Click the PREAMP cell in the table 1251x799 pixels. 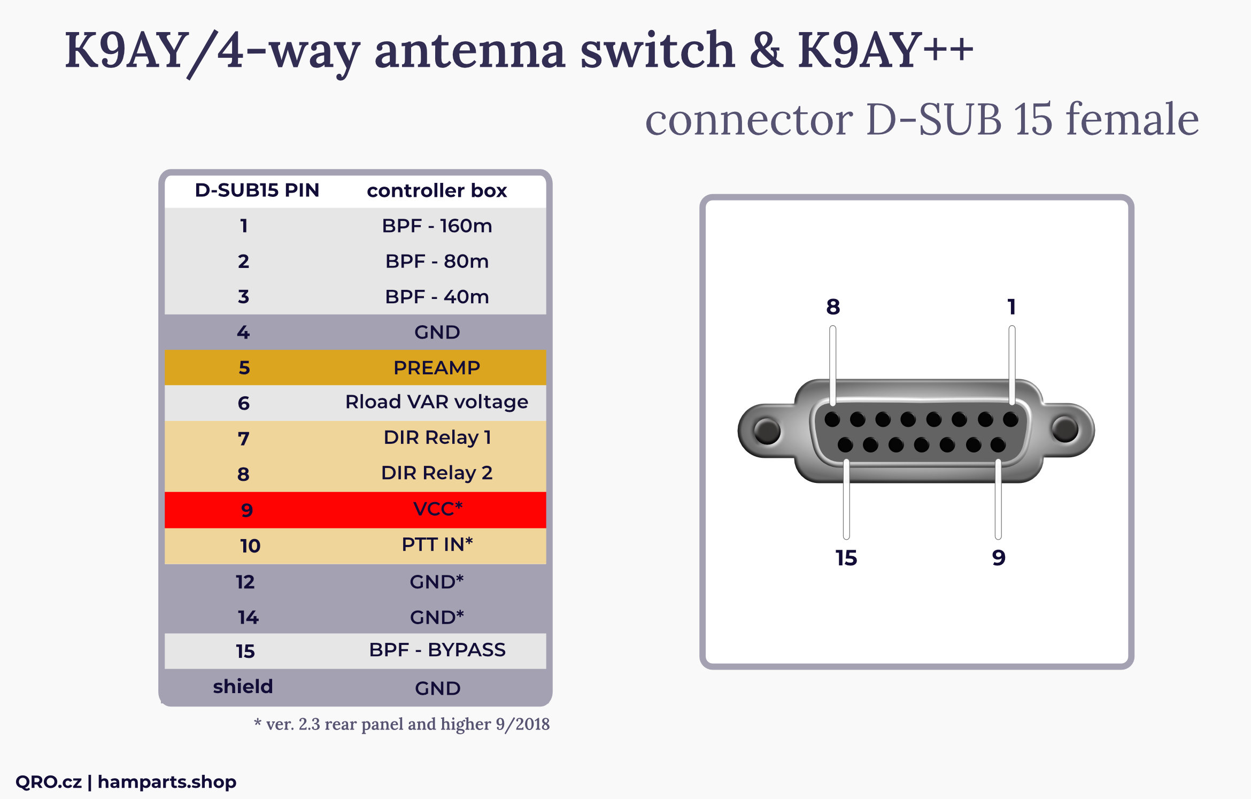[437, 367]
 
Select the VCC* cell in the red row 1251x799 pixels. [438, 509]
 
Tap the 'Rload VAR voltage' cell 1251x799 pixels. [437, 402]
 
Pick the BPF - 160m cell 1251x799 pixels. [437, 226]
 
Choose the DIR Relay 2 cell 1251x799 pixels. [437, 473]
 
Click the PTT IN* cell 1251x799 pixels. [437, 544]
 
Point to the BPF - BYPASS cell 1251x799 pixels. [437, 650]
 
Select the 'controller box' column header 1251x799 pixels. [437, 190]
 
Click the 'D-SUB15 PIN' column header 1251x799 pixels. [257, 190]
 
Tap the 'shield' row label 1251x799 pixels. [243, 686]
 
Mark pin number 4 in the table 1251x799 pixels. [243, 332]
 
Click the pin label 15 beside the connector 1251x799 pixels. [846, 558]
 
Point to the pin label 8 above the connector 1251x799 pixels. [833, 307]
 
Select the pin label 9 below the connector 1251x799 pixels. [999, 558]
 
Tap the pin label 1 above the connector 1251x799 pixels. [1011, 307]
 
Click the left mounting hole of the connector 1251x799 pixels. [767, 431]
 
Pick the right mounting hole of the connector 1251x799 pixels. [1065, 429]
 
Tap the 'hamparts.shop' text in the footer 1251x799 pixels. [167, 782]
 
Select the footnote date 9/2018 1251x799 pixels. [522, 724]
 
